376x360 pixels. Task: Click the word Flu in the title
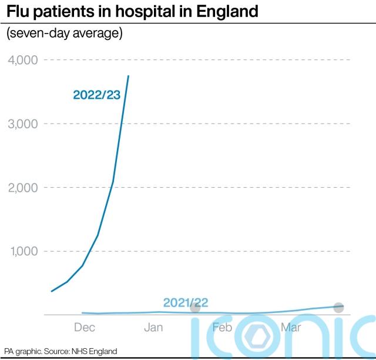point(19,11)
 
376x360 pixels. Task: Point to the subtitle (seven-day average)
point(65,34)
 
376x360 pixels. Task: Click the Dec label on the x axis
point(85,327)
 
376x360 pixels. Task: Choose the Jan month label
point(153,327)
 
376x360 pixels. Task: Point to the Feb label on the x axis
point(222,327)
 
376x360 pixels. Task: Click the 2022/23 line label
point(96,95)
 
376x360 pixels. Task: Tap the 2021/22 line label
point(186,303)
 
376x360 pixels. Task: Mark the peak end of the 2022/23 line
point(129,76)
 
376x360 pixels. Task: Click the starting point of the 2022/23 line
point(52,291)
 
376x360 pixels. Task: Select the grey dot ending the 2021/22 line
point(338,307)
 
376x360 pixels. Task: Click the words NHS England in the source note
point(94,351)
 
